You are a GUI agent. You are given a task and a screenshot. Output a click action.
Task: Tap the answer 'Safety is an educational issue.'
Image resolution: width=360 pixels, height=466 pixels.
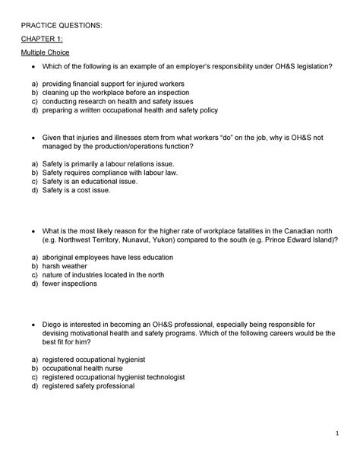90,182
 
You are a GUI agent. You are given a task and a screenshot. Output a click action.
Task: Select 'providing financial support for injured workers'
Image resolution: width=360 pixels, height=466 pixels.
113,84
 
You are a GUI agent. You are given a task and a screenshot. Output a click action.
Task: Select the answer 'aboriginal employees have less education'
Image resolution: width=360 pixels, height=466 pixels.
107,258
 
